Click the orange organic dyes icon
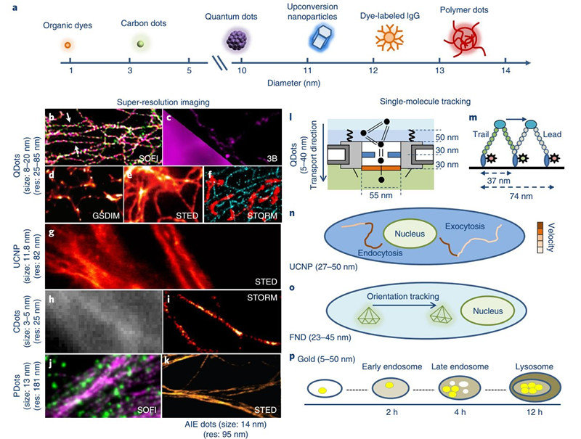(x=68, y=45)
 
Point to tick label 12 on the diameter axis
(x=373, y=70)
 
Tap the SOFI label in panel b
(x=146, y=156)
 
